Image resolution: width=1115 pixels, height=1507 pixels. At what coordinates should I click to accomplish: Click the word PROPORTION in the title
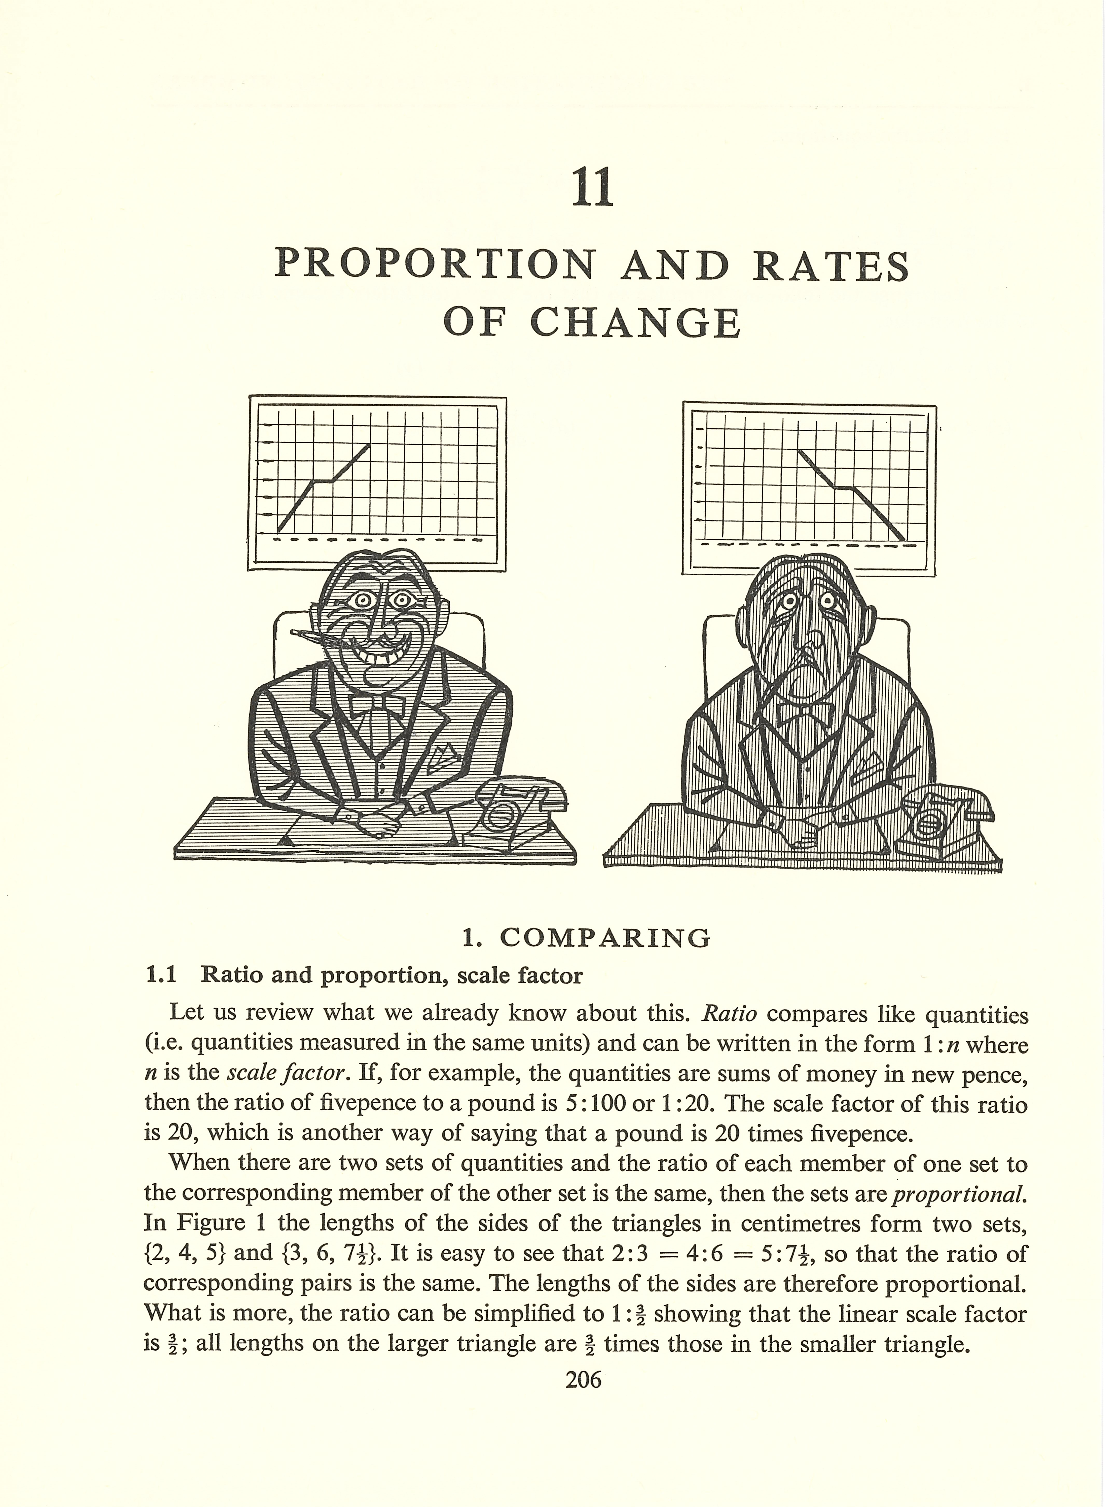(x=435, y=265)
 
